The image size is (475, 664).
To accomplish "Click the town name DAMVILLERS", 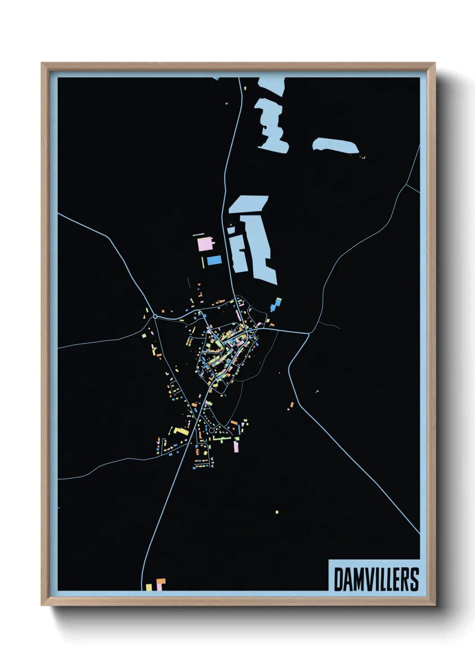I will [376, 579].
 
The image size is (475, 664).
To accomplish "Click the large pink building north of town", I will [204, 245].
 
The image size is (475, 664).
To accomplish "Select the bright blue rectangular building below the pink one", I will [214, 260].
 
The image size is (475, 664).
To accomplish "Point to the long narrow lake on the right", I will [336, 145].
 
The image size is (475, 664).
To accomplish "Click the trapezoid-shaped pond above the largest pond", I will [248, 204].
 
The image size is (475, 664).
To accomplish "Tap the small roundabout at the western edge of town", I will [155, 317].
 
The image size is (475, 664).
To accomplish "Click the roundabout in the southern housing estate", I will [198, 431].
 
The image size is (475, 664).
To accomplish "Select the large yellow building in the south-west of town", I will [182, 432].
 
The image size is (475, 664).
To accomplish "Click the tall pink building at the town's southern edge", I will [236, 447].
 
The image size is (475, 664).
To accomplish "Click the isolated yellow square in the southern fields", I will [277, 511].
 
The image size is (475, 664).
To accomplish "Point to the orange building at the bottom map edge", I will [160, 584].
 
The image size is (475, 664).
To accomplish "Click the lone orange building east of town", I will [291, 406].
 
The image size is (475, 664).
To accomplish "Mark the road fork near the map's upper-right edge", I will [407, 184].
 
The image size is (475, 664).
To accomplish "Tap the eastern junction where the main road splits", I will [309, 333].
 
